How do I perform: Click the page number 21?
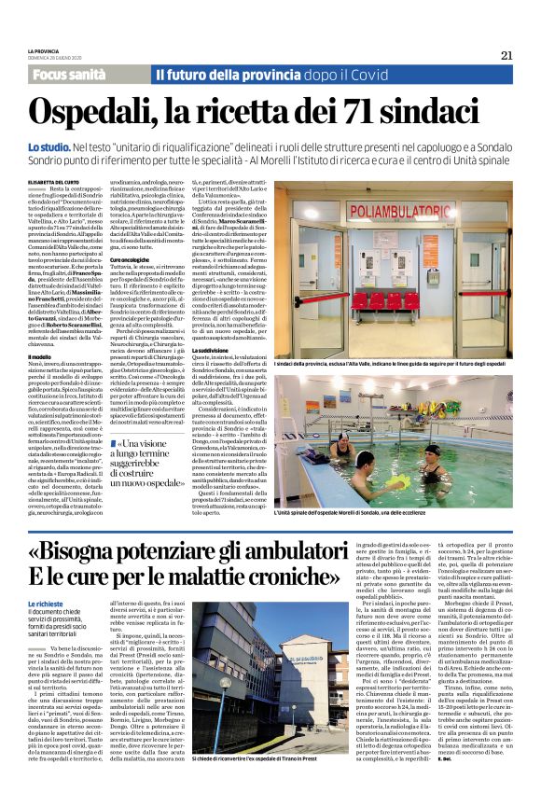click(x=506, y=54)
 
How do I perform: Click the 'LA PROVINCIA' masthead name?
click(x=43, y=49)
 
